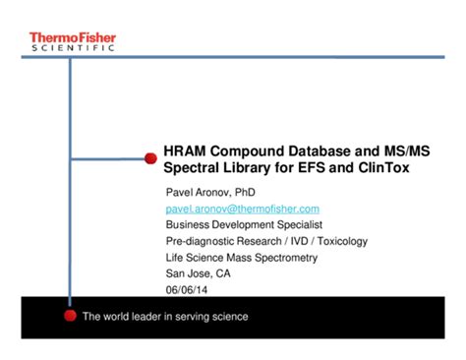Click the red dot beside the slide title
coord(150,157)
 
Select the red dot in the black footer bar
coord(70,316)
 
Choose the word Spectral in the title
coord(192,168)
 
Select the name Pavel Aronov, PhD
coord(209,193)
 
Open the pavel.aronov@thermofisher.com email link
coord(242,210)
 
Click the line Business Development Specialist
coord(243,225)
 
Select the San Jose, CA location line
coord(198,273)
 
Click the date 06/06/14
coord(187,289)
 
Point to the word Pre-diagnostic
coord(200,241)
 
